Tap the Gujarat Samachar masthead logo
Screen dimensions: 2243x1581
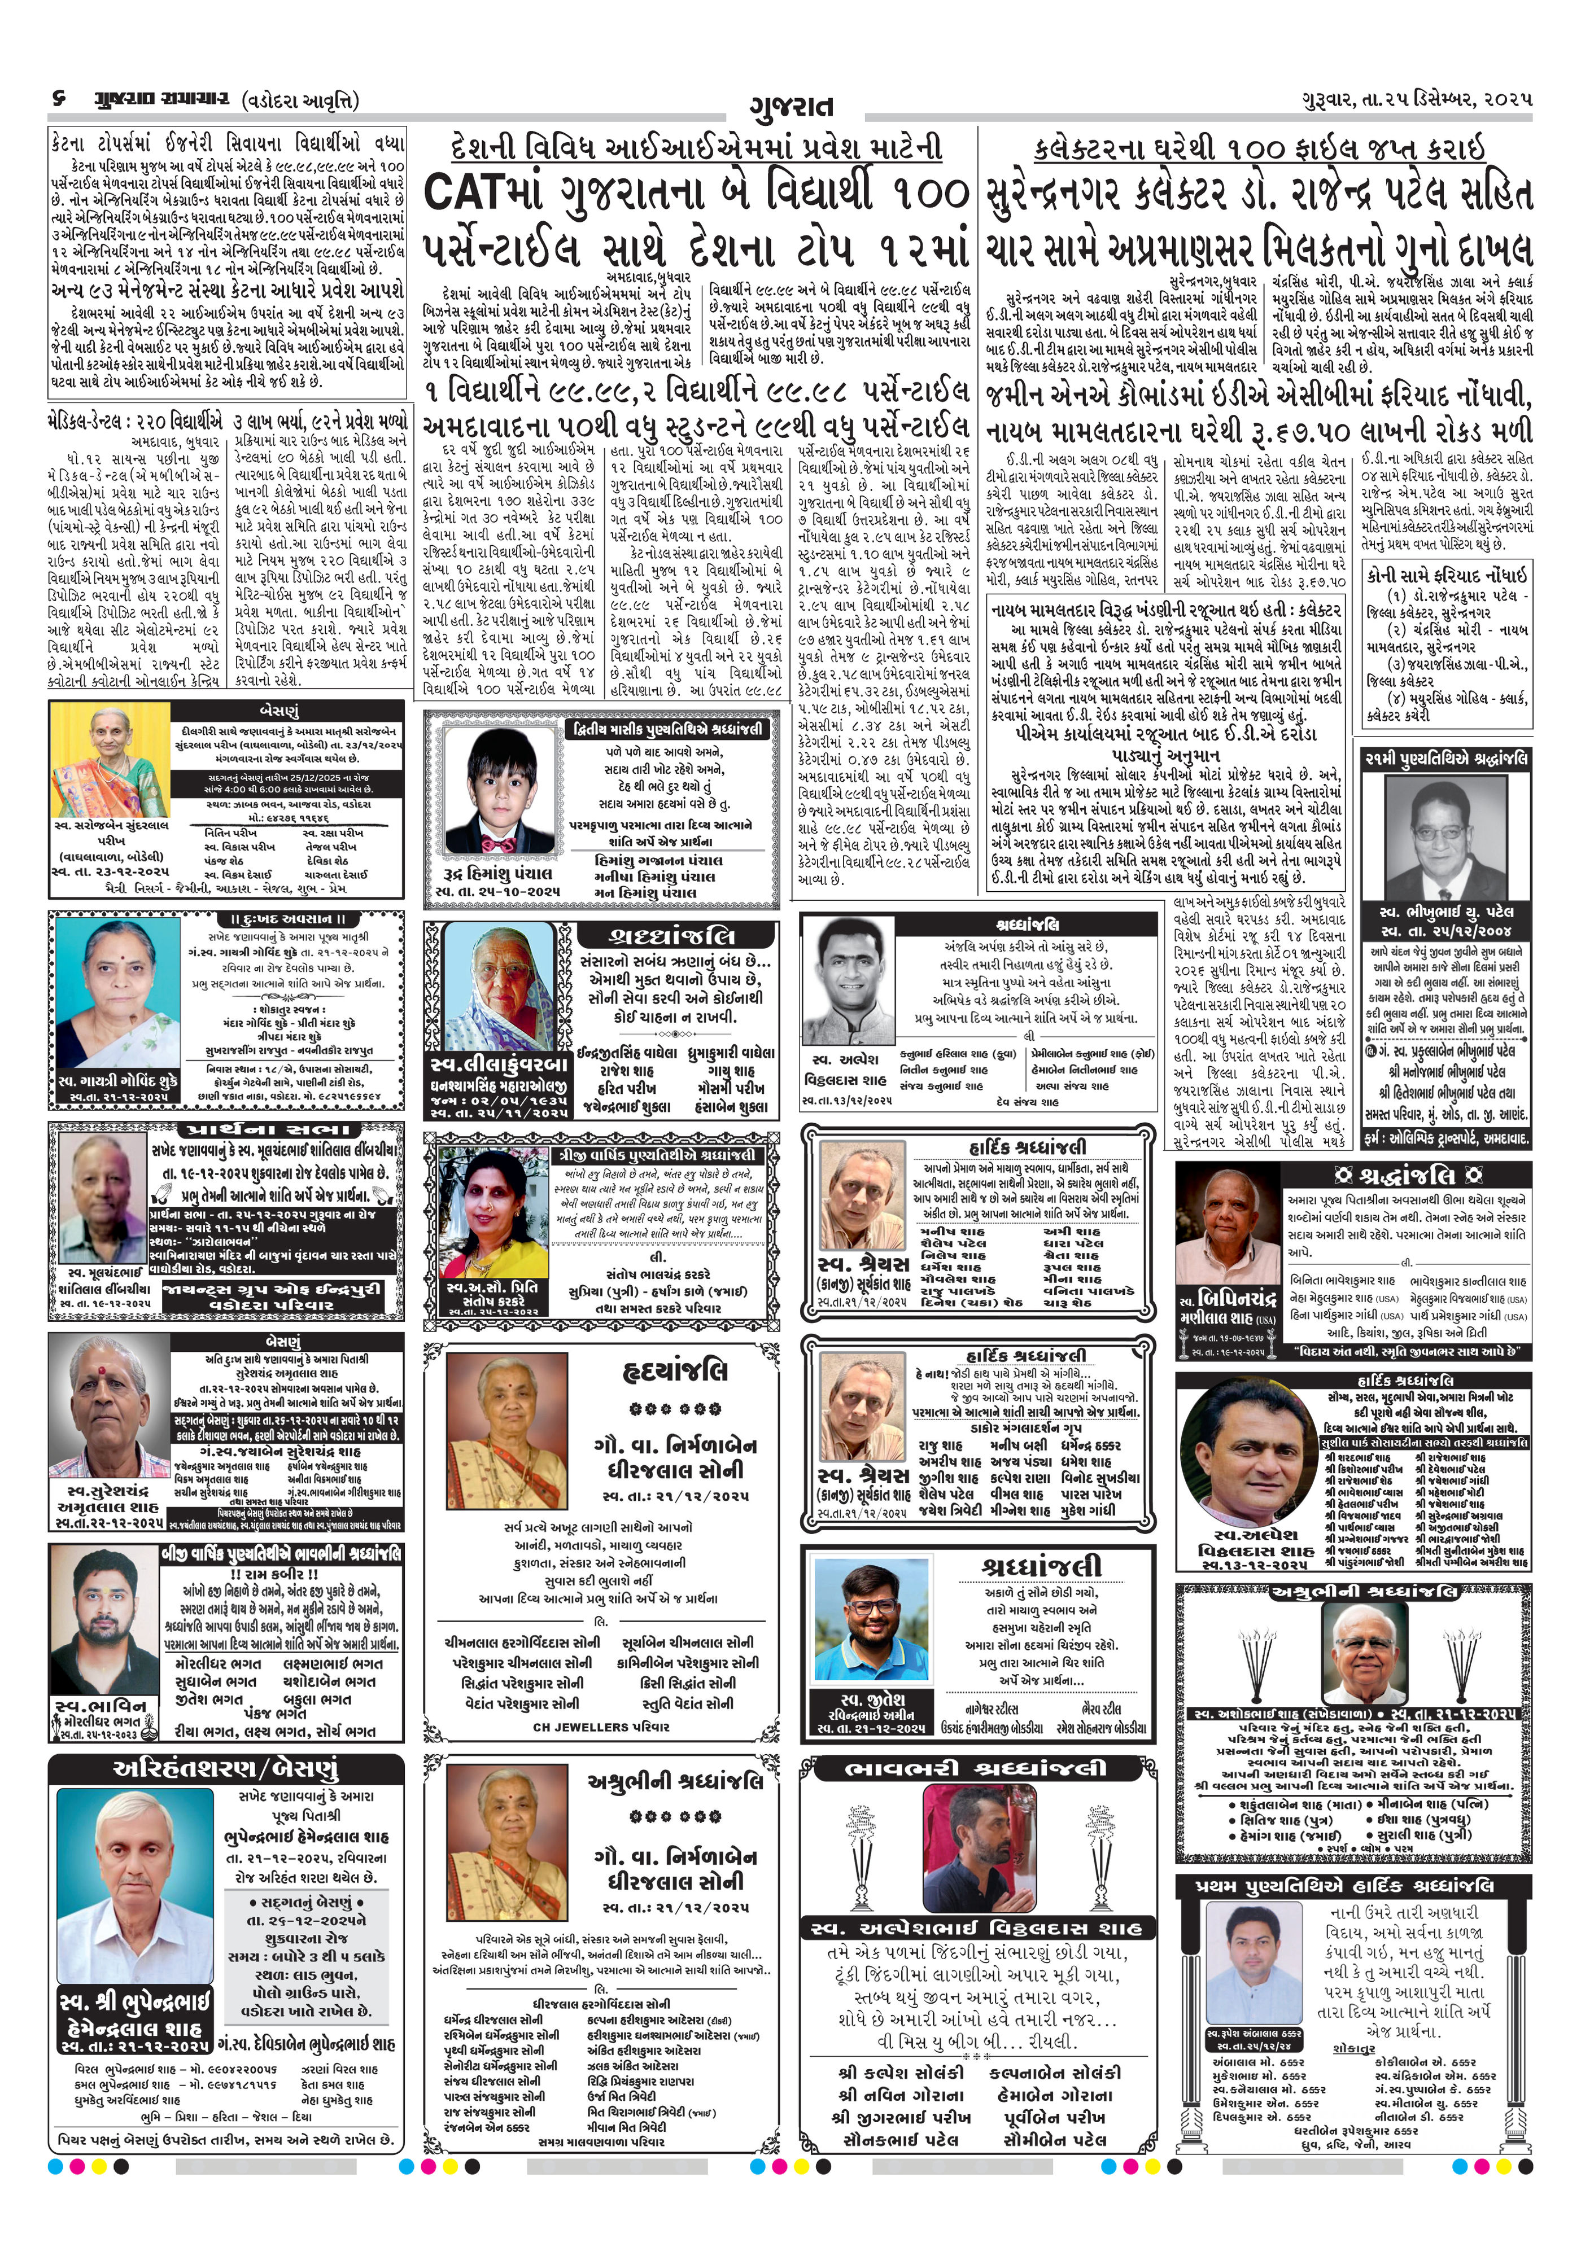coord(162,100)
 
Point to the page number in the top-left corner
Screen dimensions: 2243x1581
coord(60,100)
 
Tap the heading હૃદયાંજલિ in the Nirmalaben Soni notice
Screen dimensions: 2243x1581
coord(674,1373)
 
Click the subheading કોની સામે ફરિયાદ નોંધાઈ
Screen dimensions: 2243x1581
coord(1446,575)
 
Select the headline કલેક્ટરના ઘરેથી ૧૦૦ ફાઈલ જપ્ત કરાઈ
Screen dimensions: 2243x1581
coord(1259,148)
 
